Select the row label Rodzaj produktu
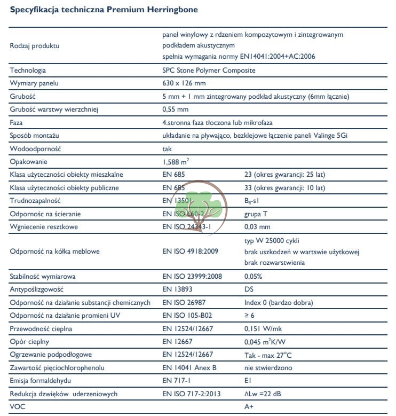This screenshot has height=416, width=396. [35, 45]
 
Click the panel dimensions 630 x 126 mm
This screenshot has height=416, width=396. [184, 83]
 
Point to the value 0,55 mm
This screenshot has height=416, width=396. [176, 109]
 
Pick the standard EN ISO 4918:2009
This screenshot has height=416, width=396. [190, 251]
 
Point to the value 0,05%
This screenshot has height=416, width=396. [253, 277]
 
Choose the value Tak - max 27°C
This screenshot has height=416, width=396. [267, 355]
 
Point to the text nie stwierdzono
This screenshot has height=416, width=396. [268, 368]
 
